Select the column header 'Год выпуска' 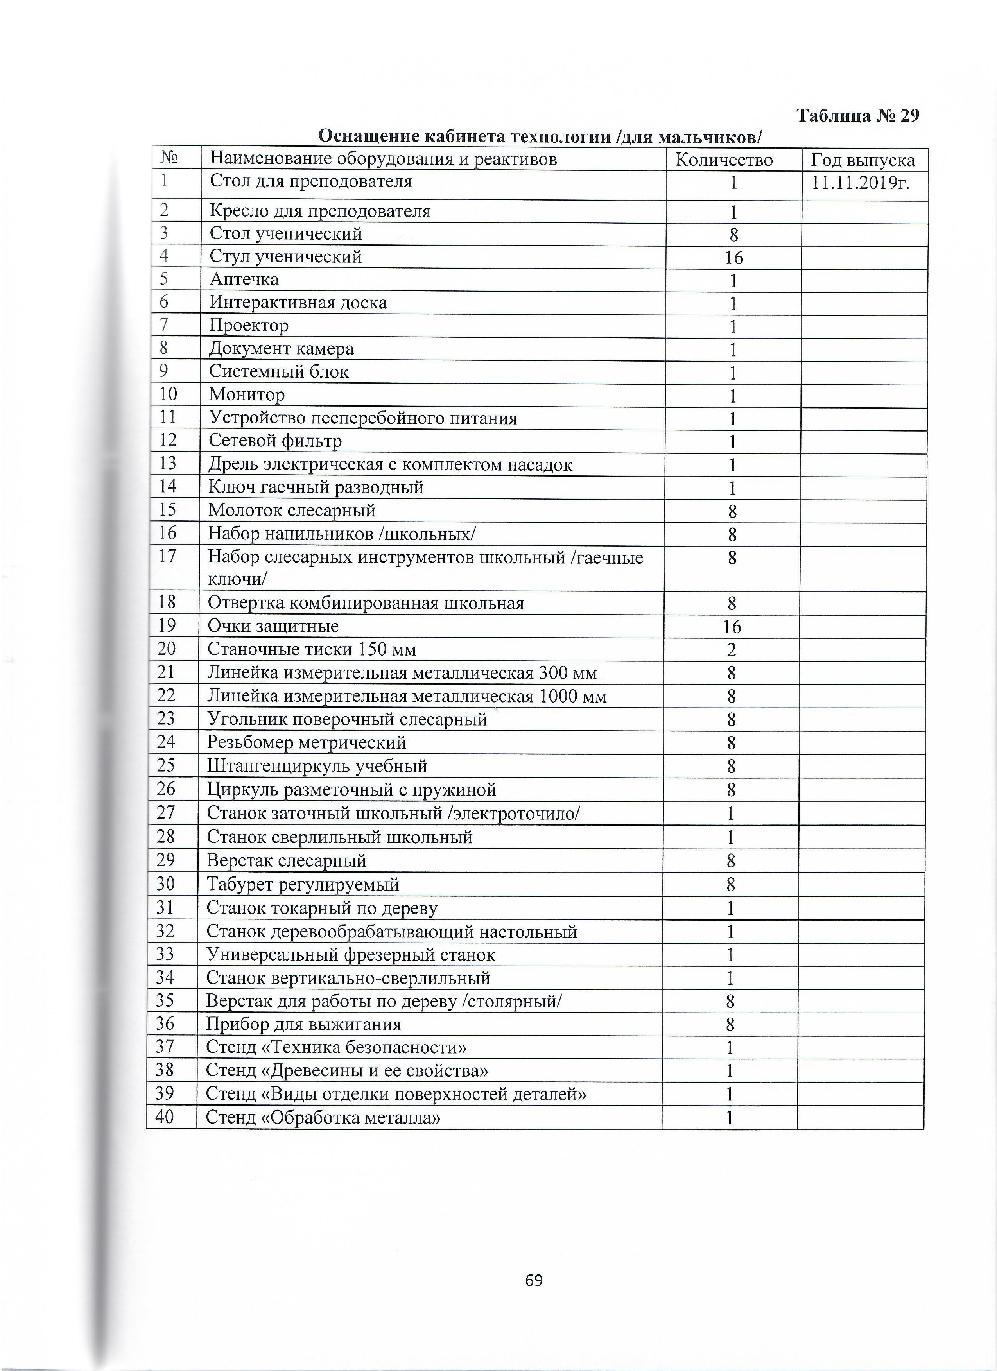click(x=862, y=160)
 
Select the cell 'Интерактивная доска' click(x=298, y=303)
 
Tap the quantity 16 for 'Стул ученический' click(x=733, y=259)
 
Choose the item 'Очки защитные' click(x=273, y=626)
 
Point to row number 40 click(x=165, y=1117)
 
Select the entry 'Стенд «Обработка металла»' click(x=323, y=1118)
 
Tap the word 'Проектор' click(x=249, y=326)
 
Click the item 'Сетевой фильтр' click(x=275, y=441)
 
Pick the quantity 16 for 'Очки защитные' click(x=732, y=627)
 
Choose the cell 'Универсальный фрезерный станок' click(x=351, y=955)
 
